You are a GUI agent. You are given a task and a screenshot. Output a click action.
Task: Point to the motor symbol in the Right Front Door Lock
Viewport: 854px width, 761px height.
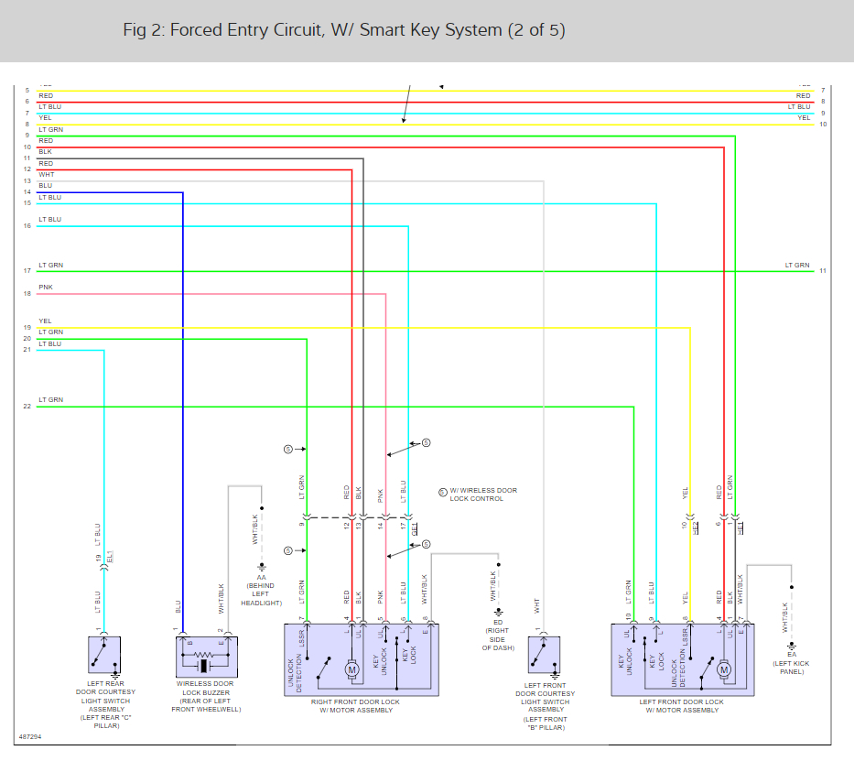click(x=352, y=670)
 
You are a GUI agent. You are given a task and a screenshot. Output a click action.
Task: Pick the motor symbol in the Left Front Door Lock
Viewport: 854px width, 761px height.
click(x=725, y=670)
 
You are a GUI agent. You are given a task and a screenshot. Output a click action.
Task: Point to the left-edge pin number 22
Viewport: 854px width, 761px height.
click(x=27, y=407)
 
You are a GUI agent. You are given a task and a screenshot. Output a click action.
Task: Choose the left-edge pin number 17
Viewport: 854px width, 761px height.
click(x=27, y=271)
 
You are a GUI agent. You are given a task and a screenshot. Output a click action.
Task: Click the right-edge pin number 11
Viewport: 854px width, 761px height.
click(x=823, y=271)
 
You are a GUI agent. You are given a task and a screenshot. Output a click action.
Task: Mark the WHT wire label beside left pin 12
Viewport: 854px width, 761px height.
click(x=46, y=175)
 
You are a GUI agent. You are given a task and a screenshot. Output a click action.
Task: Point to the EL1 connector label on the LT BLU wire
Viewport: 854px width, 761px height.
click(x=111, y=556)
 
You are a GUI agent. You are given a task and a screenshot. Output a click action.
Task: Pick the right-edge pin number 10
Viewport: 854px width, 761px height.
click(x=823, y=124)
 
